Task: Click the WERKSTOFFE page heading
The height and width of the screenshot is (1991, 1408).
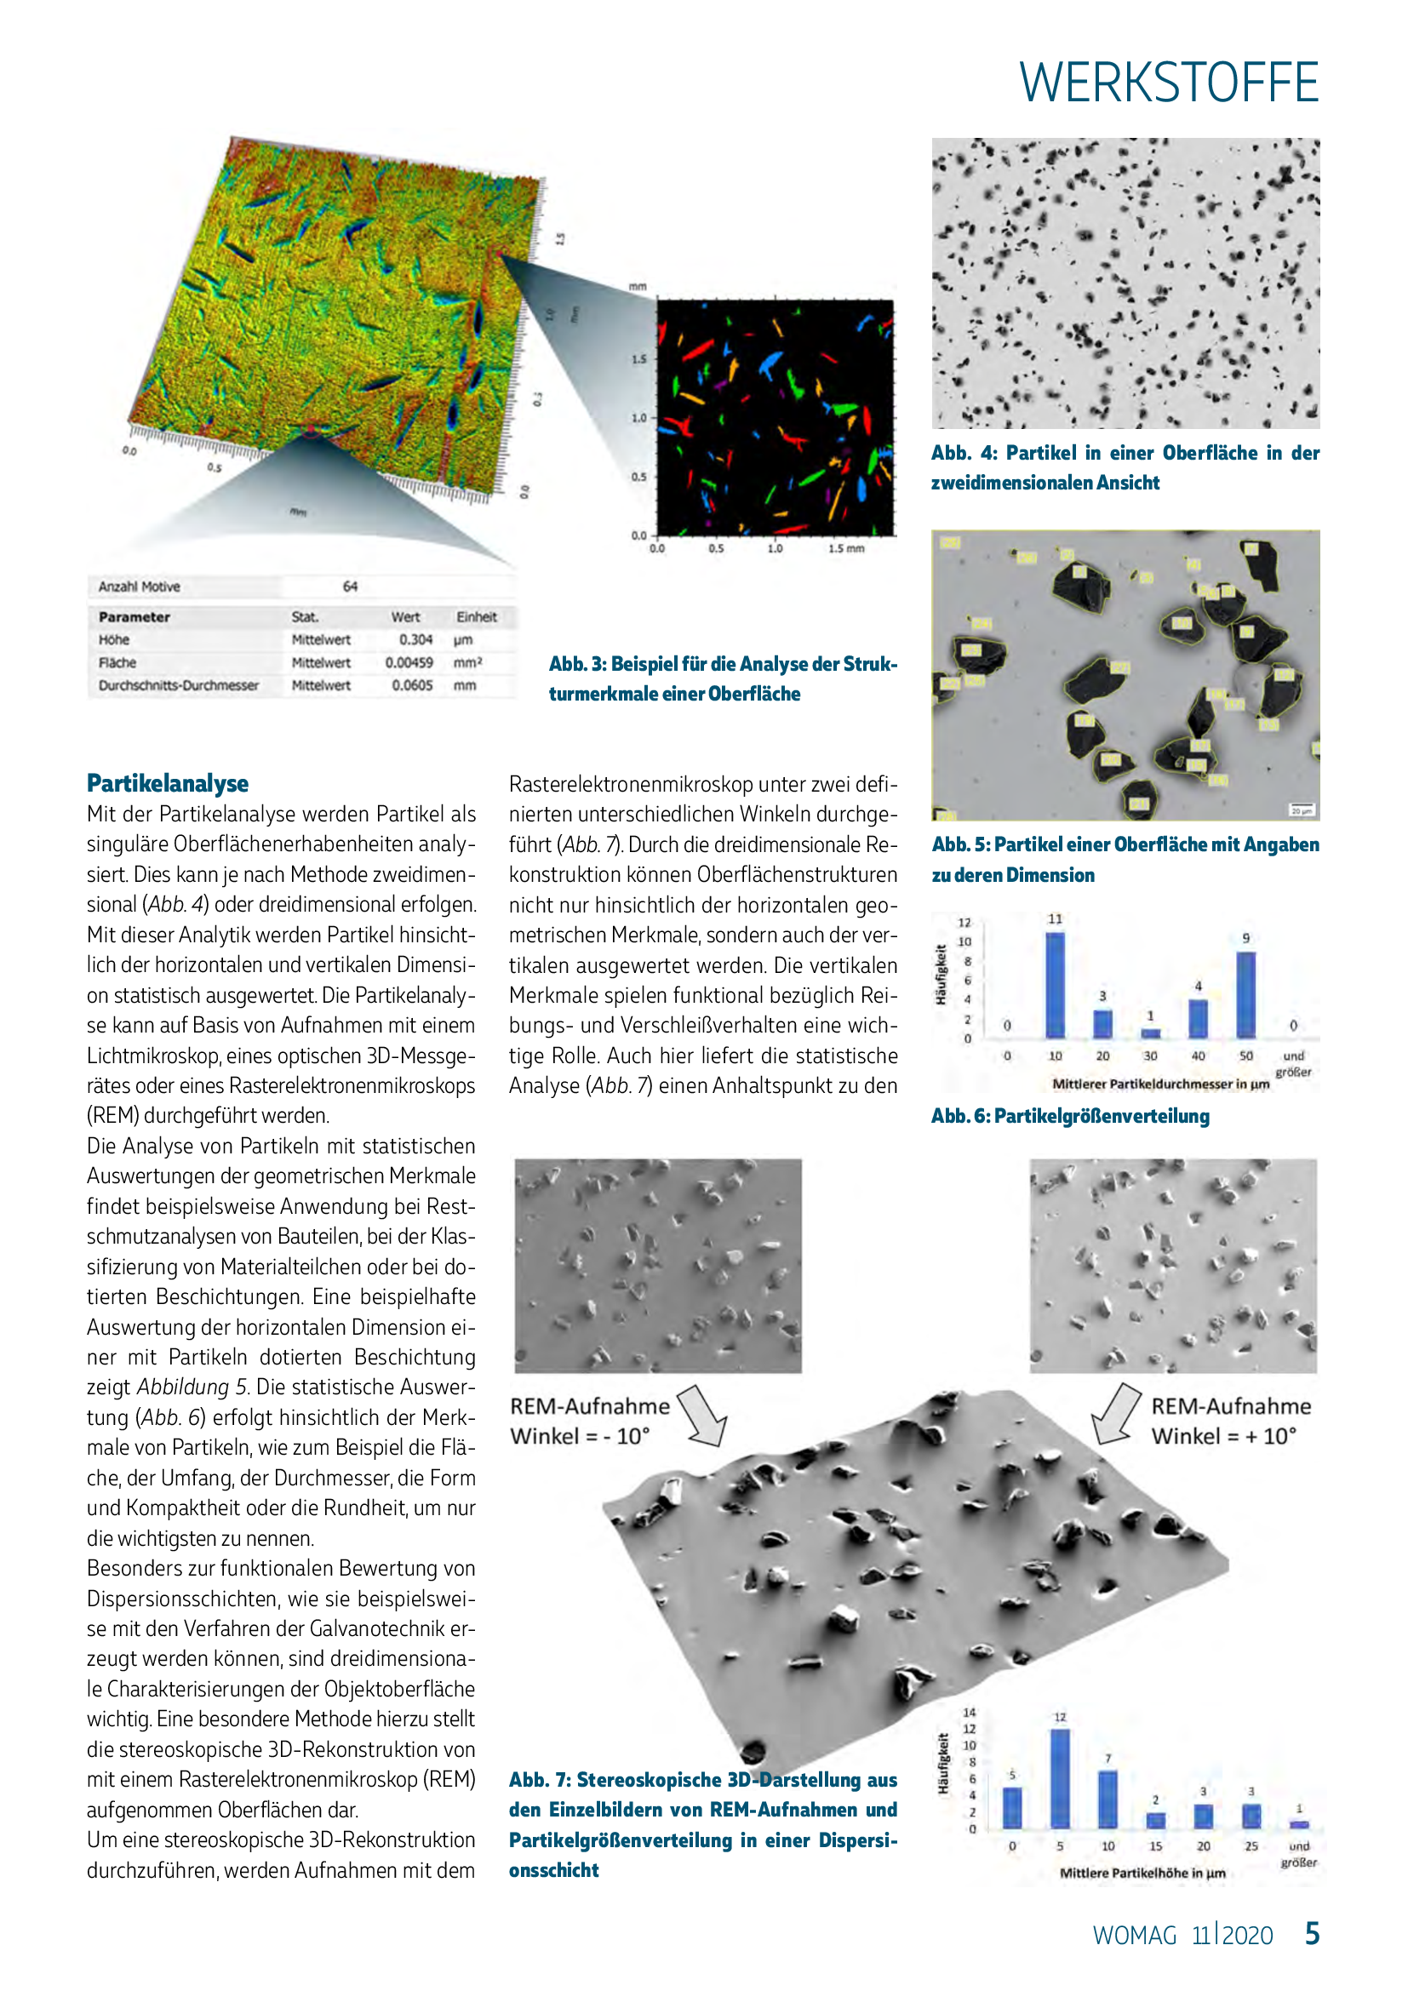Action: pyautogui.click(x=1168, y=83)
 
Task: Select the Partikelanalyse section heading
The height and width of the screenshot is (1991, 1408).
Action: pyautogui.click(x=168, y=783)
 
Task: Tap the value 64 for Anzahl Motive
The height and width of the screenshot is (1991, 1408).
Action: pyautogui.click(x=349, y=587)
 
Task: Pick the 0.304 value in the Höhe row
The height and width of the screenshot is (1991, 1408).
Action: pyautogui.click(x=415, y=640)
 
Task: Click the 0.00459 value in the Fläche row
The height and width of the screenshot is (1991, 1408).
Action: pyautogui.click(x=409, y=662)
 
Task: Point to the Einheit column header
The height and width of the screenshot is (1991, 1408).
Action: pyautogui.click(x=476, y=617)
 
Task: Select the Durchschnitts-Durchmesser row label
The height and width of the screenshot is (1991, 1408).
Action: pyautogui.click(x=179, y=685)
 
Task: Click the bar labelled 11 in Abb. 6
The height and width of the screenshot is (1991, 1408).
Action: pyautogui.click(x=1055, y=985)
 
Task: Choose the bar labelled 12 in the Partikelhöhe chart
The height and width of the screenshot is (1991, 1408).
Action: pyautogui.click(x=1060, y=1778)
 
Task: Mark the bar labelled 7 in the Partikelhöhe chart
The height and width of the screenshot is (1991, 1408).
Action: pyautogui.click(x=1108, y=1799)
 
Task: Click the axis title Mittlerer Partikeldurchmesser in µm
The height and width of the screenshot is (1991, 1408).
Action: pyautogui.click(x=1160, y=1084)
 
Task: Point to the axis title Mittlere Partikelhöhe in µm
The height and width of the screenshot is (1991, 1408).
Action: pyautogui.click(x=1142, y=1873)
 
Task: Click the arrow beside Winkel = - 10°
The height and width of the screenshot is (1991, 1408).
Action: pyautogui.click(x=703, y=1416)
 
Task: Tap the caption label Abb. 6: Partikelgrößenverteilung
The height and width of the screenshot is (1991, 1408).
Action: pyautogui.click(x=1070, y=1116)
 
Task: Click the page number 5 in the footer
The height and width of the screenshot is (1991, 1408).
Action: pyautogui.click(x=1312, y=1934)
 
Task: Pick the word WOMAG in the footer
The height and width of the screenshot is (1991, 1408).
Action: pyautogui.click(x=1134, y=1936)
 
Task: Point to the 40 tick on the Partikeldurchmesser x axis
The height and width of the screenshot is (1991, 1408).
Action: pyautogui.click(x=1198, y=1056)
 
